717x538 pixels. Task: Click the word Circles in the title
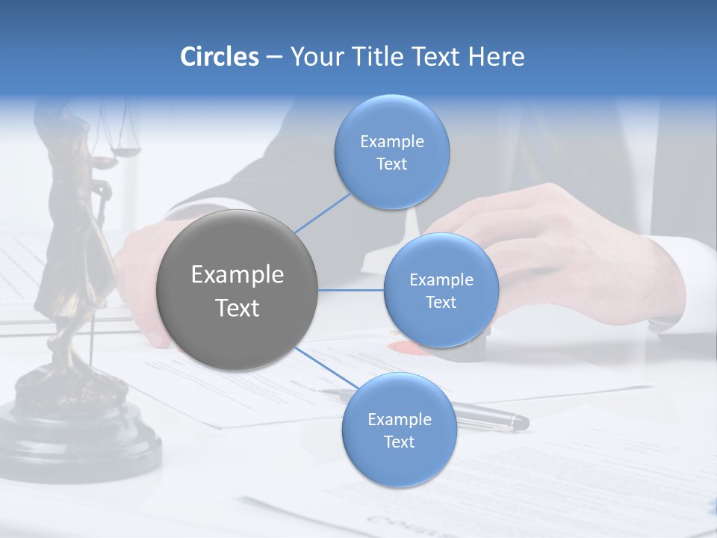point(219,57)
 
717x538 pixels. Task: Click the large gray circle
point(238,290)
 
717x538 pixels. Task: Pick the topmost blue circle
point(391,152)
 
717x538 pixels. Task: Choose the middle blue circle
point(441,290)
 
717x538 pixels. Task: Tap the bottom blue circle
point(399,430)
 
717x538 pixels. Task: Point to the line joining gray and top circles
point(323,213)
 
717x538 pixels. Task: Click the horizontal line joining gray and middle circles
point(351,290)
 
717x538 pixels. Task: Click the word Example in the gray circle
point(238,275)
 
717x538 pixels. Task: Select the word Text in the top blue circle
point(391,164)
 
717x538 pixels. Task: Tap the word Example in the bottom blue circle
point(399,419)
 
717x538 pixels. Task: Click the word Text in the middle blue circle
point(441,303)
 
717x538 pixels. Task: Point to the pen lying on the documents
point(493,419)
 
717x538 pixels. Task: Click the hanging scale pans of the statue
point(125,152)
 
